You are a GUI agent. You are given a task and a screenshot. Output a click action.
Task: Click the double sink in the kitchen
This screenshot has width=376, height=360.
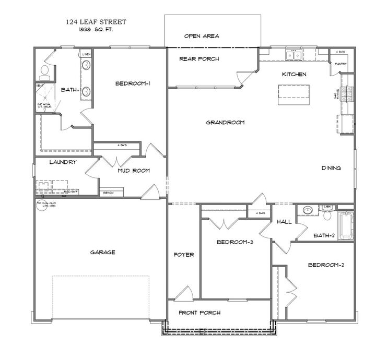292,54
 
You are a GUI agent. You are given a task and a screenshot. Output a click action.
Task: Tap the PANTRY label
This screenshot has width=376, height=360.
340,64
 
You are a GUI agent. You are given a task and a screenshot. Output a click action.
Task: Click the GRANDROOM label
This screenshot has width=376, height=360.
225,123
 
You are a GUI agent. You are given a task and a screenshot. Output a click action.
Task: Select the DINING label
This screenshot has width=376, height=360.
331,168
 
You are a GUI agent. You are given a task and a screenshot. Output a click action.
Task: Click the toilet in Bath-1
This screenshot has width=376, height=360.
45,70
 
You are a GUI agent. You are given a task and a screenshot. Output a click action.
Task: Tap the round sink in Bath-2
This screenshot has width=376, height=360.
308,211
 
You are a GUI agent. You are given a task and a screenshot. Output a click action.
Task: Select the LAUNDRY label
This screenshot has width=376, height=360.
63,162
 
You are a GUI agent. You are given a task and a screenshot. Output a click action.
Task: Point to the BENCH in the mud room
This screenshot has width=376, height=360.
109,193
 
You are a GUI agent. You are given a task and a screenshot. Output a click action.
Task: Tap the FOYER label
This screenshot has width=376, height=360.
184,255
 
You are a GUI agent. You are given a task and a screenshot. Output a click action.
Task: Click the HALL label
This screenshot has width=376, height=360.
284,221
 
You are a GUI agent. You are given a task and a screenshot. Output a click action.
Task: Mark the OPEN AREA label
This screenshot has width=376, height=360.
202,36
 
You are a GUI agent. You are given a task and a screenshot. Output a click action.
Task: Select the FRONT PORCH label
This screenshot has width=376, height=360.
199,313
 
